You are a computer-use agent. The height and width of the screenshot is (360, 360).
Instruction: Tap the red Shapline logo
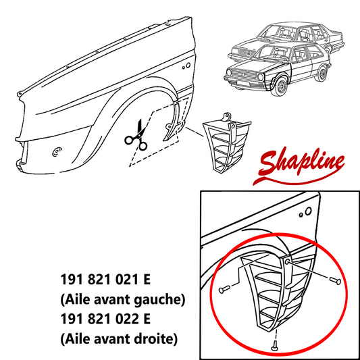299,165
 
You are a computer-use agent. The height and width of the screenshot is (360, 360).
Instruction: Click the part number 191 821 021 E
105,280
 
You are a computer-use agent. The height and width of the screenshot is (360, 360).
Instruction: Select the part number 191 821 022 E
105,319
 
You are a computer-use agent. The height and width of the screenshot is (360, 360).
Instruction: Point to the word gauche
157,300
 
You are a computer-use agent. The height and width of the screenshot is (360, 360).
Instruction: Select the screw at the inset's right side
335,280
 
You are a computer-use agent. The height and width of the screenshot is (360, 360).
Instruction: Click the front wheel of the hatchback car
280,86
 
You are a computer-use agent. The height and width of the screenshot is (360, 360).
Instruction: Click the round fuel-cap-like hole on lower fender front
57,151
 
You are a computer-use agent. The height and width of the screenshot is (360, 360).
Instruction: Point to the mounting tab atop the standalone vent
228,117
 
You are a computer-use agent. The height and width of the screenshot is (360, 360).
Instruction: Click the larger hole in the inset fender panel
309,211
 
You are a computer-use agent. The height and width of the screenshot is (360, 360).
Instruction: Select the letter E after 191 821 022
147,319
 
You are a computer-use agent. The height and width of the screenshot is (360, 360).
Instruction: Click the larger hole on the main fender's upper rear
188,66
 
